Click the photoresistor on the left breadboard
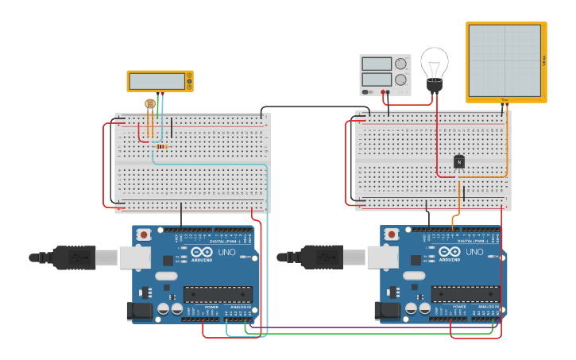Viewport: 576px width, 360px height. click(x=150, y=103)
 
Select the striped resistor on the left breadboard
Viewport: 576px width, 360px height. click(x=162, y=146)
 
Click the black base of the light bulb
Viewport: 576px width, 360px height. click(x=434, y=85)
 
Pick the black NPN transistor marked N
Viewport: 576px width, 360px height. click(x=458, y=161)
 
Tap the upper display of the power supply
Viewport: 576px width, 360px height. click(x=377, y=64)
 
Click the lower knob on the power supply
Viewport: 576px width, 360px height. click(x=401, y=79)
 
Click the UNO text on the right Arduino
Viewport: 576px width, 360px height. click(x=474, y=252)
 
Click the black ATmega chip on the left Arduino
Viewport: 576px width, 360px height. click(x=218, y=294)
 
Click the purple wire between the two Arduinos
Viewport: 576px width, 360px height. click(x=358, y=327)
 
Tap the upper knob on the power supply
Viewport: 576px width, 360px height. click(x=401, y=64)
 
